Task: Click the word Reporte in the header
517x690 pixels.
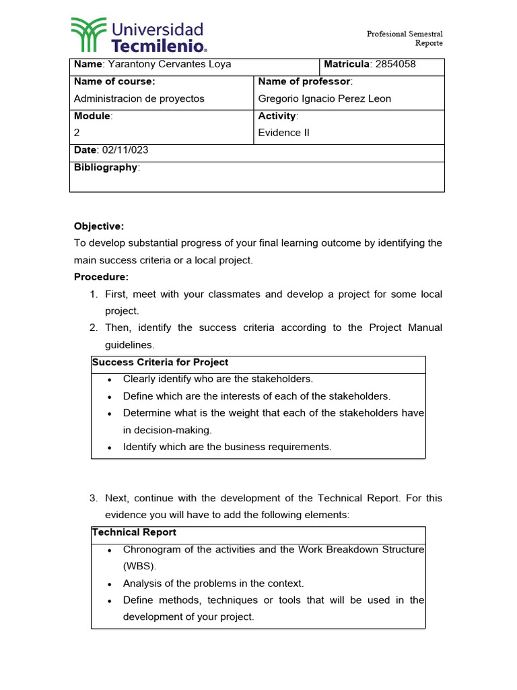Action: [429, 43]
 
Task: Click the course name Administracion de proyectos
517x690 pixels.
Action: [139, 99]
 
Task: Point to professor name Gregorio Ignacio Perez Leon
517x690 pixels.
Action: [324, 99]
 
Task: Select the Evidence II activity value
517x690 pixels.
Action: [284, 133]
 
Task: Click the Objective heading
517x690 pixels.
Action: [99, 226]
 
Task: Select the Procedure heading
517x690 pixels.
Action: [101, 277]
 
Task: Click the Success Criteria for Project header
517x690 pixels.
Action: [160, 363]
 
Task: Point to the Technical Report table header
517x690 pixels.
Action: [134, 532]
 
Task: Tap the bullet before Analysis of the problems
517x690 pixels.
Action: [110, 584]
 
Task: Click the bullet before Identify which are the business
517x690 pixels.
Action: [110, 447]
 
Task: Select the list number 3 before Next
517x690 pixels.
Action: [94, 499]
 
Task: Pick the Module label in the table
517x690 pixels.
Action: [92, 116]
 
